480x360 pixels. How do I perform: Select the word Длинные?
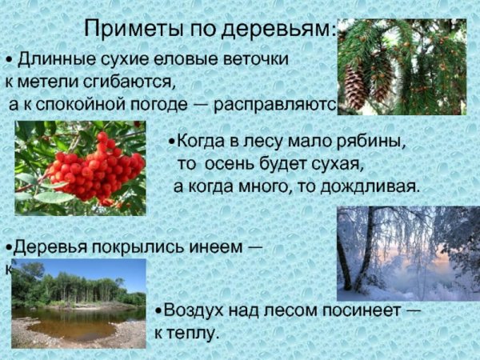(53, 60)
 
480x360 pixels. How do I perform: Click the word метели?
(54, 82)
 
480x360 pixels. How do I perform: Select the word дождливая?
(374, 186)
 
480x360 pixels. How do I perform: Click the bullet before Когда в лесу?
(172, 142)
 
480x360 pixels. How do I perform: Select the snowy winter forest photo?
(408, 248)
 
